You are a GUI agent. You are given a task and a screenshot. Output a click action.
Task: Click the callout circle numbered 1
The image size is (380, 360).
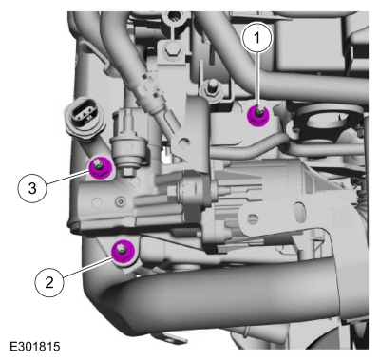point(257,38)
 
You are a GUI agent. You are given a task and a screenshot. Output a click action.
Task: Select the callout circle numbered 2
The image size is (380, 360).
point(49,282)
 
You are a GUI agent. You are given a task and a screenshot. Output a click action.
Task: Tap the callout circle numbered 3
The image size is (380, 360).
point(32,189)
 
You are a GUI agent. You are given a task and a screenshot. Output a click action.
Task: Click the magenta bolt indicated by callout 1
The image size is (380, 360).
point(257,116)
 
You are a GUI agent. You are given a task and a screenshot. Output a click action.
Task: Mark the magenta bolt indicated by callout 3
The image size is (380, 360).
point(100,167)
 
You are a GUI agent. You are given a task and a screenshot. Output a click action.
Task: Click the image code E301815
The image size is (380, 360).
point(35,346)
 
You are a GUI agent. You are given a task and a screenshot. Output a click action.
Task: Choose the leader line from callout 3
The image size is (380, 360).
point(67,177)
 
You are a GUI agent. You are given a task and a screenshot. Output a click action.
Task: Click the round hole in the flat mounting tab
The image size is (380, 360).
point(253,218)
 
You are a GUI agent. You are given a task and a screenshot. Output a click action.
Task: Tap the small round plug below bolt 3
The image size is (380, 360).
point(120,200)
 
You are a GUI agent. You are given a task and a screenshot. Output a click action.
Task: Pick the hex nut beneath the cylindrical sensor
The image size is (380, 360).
point(128,172)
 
